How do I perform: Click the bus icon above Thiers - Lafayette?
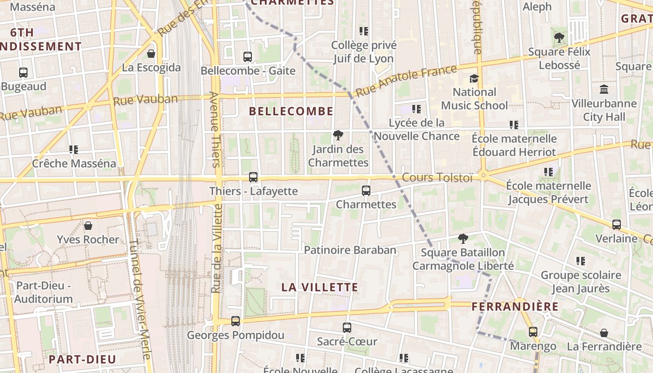253,177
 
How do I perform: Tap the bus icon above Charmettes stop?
366,191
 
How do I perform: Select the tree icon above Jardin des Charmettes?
338,136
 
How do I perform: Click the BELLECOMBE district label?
292,111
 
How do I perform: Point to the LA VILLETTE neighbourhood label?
320,287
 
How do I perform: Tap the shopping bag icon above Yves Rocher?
88,226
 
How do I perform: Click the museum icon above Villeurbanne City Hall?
604,89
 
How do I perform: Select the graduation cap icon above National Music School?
474,78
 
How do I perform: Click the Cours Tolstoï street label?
438,178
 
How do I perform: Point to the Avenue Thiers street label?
215,129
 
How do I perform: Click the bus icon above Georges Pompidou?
236,321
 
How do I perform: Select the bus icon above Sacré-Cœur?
347,328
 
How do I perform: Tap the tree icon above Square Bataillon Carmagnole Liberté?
463,239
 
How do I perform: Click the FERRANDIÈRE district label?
515,306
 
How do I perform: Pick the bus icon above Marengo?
533,332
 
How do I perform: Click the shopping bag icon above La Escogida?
151,54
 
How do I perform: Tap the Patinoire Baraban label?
350,250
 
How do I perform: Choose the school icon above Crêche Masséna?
74,150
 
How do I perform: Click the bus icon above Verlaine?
617,225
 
